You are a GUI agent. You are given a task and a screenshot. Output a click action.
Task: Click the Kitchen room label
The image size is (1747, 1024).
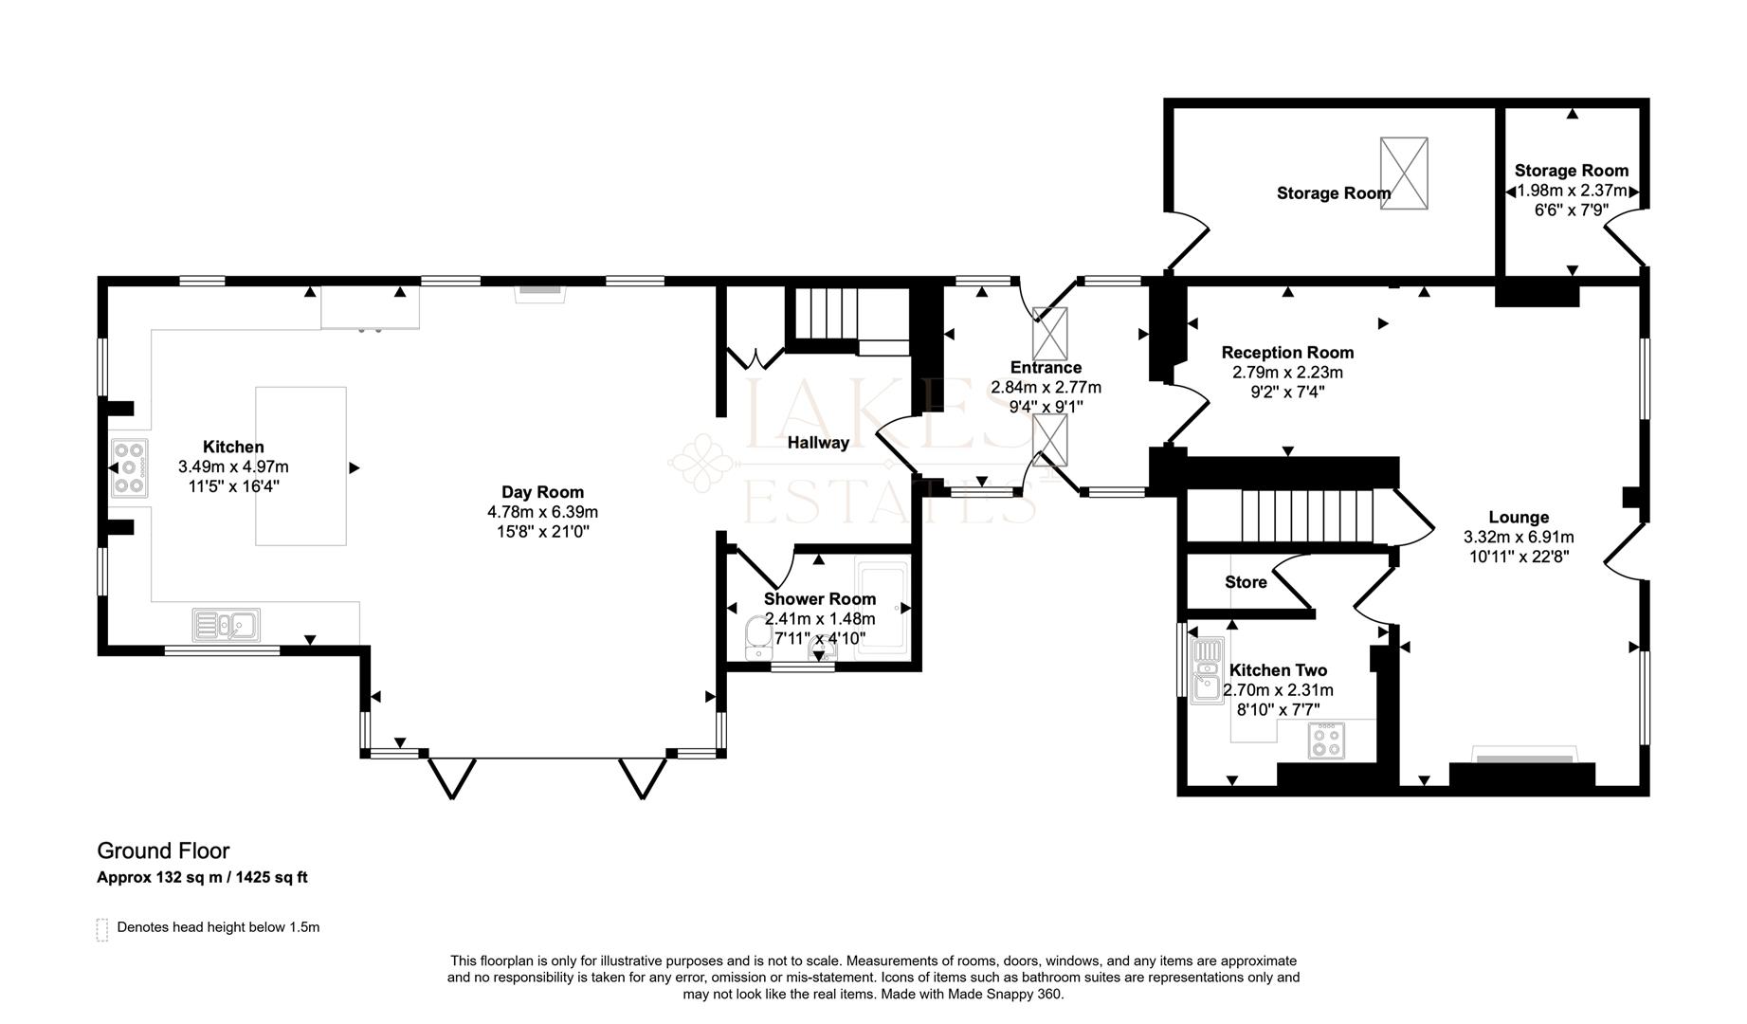tap(233, 447)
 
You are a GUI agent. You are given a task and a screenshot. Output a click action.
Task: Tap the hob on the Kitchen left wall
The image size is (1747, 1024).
tap(129, 467)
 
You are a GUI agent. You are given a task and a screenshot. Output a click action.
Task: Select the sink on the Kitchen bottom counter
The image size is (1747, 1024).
tap(227, 625)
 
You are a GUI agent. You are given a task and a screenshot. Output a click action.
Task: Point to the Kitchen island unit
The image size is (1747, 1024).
tap(300, 466)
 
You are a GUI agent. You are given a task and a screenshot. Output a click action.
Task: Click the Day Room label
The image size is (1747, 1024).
tap(542, 491)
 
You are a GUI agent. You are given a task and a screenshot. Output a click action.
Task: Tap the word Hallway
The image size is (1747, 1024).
tap(818, 442)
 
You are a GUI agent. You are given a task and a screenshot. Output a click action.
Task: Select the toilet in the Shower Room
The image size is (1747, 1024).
tap(758, 637)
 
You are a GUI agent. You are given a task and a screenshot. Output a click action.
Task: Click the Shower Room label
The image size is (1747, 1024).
tap(820, 598)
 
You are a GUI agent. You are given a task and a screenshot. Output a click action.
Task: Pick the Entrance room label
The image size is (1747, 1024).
tap(1046, 367)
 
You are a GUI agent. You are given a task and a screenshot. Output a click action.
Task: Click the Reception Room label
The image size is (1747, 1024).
tap(1287, 353)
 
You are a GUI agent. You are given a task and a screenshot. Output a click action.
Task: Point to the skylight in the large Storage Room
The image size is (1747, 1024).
tap(1404, 174)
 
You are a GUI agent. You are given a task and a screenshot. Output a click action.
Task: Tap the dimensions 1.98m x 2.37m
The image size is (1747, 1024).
tap(1572, 191)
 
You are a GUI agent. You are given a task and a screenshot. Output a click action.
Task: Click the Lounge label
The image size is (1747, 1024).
tap(1519, 517)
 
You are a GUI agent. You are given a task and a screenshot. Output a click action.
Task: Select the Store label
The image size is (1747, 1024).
tap(1246, 582)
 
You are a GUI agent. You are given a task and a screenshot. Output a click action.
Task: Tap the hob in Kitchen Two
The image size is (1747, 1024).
tap(1326, 741)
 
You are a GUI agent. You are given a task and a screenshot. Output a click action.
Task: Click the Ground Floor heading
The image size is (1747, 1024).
tap(163, 850)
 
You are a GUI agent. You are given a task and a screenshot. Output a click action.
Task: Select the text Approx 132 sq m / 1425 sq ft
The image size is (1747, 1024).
tap(202, 877)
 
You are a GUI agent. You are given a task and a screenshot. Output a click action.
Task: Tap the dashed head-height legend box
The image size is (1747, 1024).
tap(102, 929)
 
